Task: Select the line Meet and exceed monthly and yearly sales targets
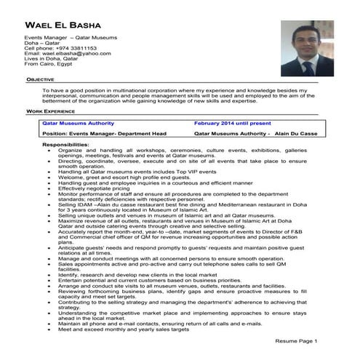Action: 124,329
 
